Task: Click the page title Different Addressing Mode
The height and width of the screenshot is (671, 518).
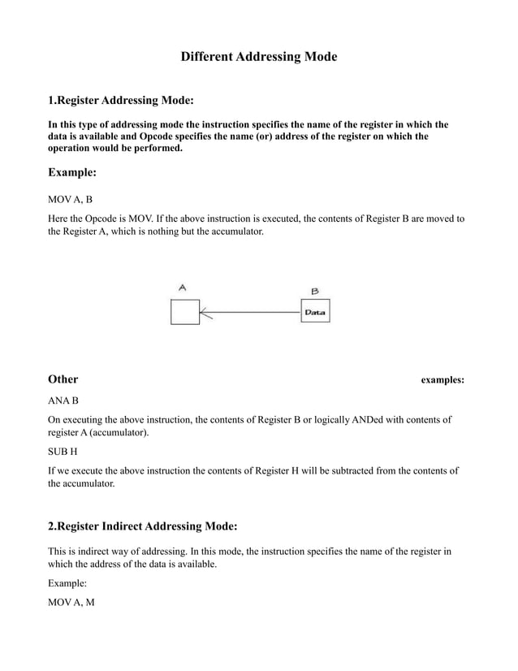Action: click(258, 58)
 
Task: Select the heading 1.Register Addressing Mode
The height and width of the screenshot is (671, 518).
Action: click(121, 101)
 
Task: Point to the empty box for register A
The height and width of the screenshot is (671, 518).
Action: click(184, 312)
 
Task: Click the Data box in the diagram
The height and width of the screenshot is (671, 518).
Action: click(315, 311)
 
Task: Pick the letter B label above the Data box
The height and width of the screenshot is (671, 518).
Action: click(314, 290)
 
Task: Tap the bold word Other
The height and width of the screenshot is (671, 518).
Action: click(63, 379)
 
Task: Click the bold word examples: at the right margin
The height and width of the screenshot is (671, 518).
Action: click(442, 380)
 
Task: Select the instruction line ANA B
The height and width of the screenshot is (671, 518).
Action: click(63, 400)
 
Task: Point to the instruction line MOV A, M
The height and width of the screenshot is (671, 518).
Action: click(71, 604)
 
